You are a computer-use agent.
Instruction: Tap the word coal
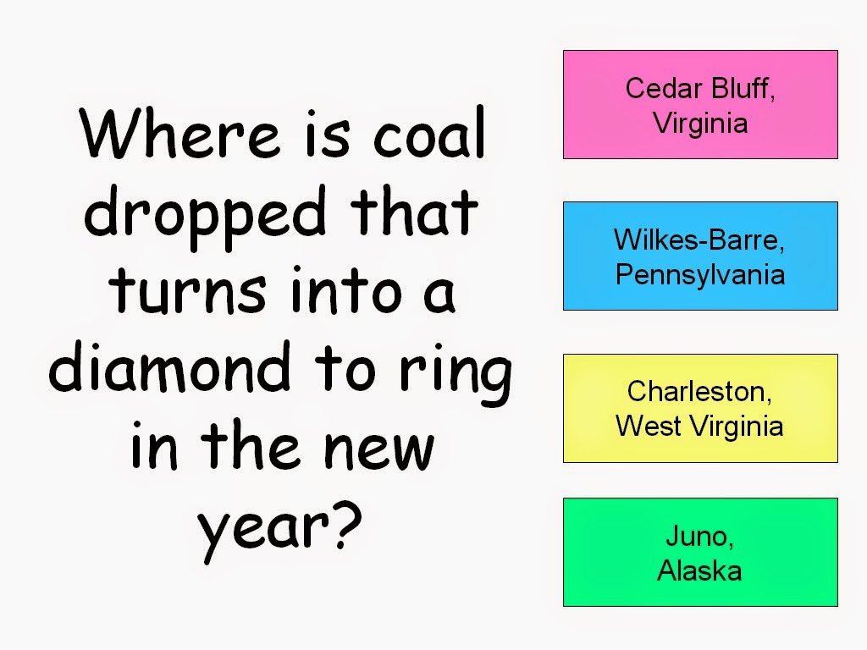tap(429, 132)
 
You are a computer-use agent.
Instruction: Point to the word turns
tap(187, 289)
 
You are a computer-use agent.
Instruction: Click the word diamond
tap(169, 366)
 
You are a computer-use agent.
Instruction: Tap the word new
tap(378, 450)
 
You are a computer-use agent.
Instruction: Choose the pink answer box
tap(700, 104)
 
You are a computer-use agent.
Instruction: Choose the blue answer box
tap(700, 256)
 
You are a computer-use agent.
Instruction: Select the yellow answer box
tap(700, 409)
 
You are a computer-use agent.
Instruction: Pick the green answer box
tap(700, 552)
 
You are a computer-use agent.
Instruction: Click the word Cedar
tap(664, 88)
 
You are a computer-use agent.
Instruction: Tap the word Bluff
tap(743, 88)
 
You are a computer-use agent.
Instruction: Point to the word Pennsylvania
tap(700, 275)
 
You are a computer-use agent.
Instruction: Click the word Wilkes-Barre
tap(699, 240)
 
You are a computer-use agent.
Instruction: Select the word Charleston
tap(699, 392)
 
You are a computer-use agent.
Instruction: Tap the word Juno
tap(699, 536)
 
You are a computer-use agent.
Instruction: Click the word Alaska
tap(699, 570)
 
